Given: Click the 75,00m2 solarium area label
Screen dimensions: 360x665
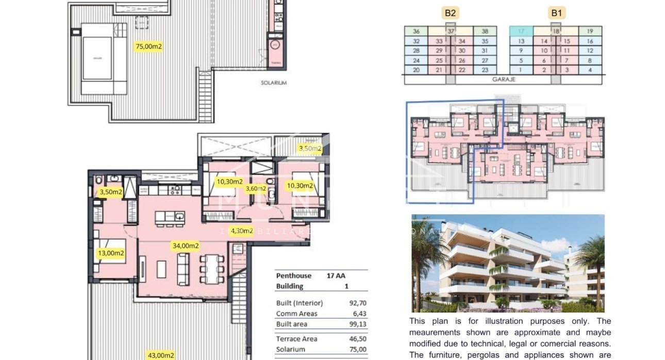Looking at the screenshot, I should [148, 46].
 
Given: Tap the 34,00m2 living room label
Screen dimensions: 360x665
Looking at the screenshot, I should [186, 246].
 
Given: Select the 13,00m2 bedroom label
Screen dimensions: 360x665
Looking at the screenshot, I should [111, 253].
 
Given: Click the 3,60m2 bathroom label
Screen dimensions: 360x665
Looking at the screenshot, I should [256, 188].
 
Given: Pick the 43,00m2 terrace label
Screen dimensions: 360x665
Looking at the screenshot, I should [161, 355].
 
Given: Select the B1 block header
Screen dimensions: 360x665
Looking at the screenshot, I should [556, 13].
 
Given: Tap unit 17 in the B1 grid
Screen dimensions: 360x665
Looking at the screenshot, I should [521, 31].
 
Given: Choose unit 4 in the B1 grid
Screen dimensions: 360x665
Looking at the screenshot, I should [590, 70].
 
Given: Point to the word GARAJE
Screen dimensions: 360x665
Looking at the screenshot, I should [503, 79].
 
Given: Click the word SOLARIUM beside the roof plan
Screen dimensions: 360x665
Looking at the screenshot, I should [273, 83].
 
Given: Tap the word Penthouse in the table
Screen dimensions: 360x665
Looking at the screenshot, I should [293, 276].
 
